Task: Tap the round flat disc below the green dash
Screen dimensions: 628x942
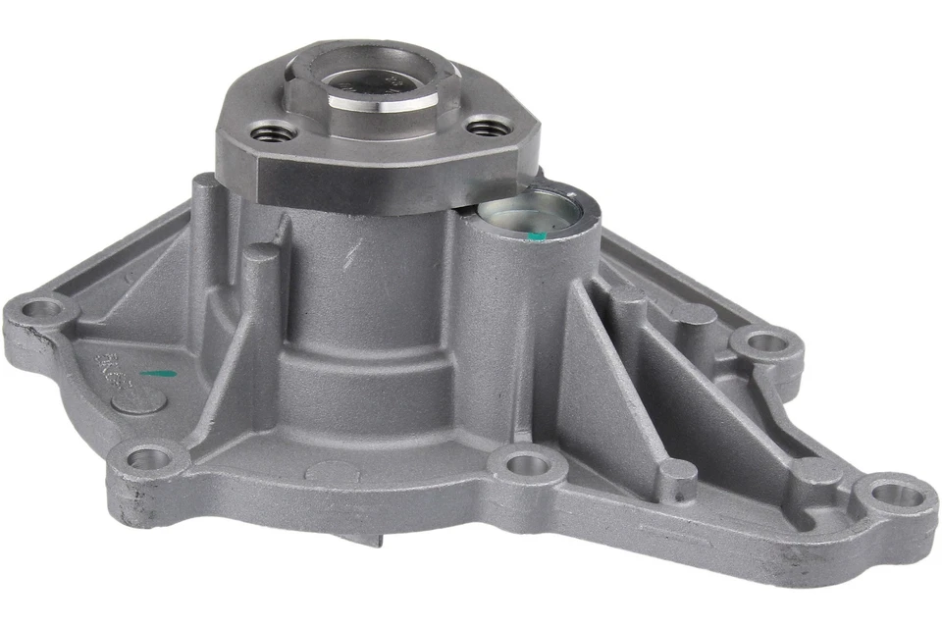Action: [138, 399]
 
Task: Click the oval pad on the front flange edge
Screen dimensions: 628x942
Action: [332, 470]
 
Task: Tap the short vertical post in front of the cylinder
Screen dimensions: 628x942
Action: [259, 294]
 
